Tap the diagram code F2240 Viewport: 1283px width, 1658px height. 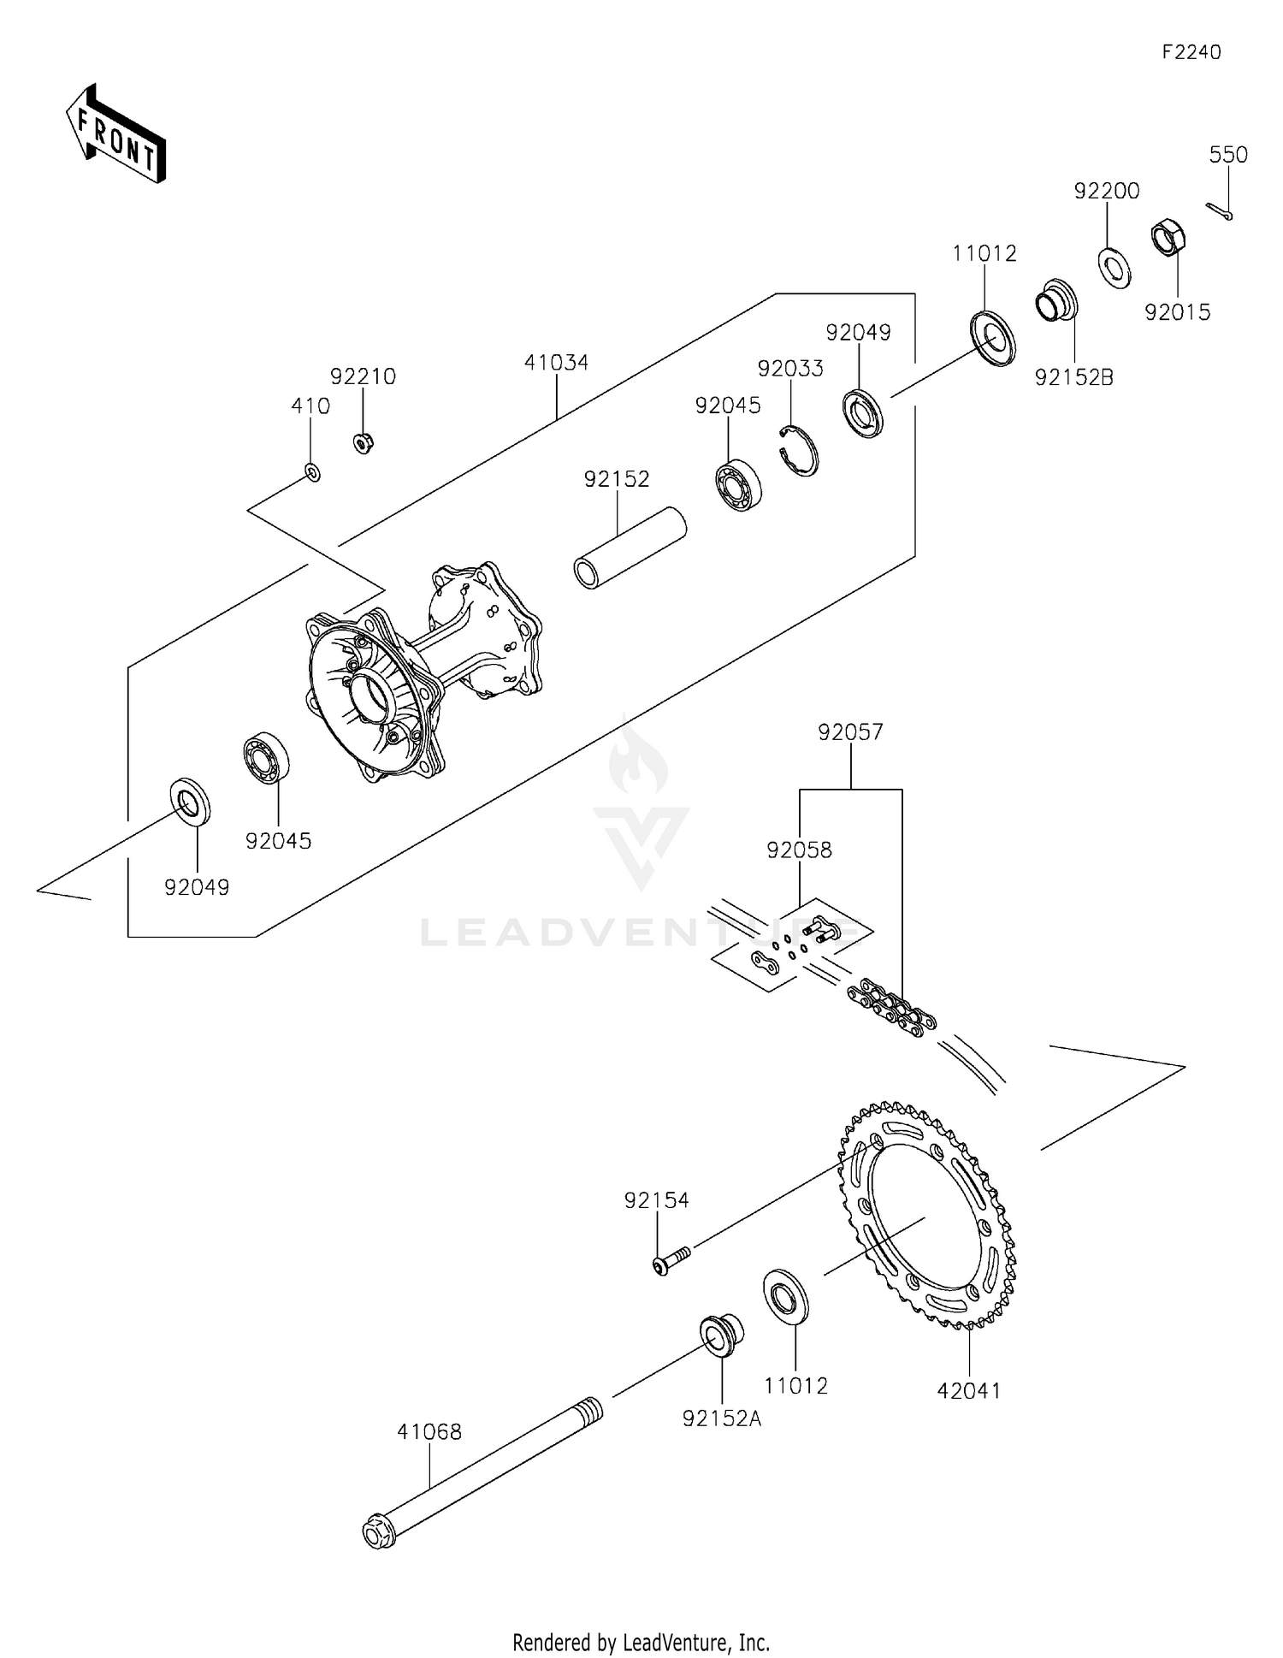pos(1191,52)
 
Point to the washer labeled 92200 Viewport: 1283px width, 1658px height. pos(1114,267)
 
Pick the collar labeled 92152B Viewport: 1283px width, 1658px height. pos(1057,299)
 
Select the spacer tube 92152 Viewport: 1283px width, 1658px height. pos(630,548)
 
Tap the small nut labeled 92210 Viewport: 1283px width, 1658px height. pos(363,443)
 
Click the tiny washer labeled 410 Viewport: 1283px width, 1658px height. pos(313,471)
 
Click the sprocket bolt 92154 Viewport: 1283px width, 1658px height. pos(672,1262)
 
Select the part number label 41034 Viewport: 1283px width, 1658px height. pos(556,363)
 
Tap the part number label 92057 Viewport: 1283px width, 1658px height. pos(850,732)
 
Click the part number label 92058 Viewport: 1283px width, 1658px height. pos(799,850)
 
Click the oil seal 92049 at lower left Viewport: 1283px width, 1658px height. pos(191,802)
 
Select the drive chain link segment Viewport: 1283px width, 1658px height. pos(891,1010)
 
